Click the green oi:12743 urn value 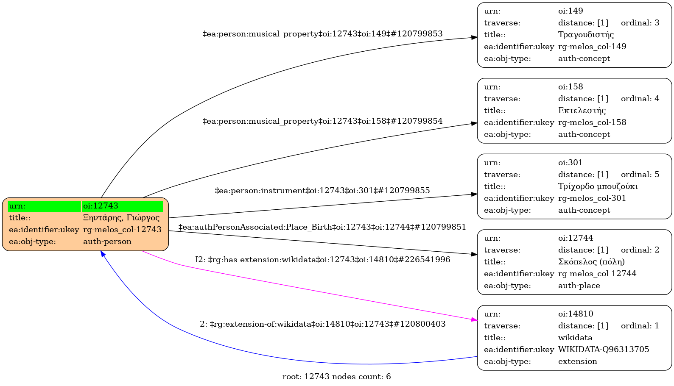122,206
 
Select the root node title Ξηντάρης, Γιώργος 121,218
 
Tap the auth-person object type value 107,242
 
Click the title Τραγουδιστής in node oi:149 586,35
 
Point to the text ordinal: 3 640,23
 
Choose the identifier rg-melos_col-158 592,122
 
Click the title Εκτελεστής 582,111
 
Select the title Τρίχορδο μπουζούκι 598,186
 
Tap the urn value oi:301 571,163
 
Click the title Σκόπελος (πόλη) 591,262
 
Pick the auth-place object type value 579,286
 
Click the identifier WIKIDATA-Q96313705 604,350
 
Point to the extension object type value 578,361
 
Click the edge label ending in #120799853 322,34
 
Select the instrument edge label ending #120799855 322,191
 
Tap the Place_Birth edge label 322,227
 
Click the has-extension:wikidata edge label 322,260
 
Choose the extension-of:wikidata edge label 322,324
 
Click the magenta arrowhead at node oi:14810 475,319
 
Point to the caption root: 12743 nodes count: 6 336,377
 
